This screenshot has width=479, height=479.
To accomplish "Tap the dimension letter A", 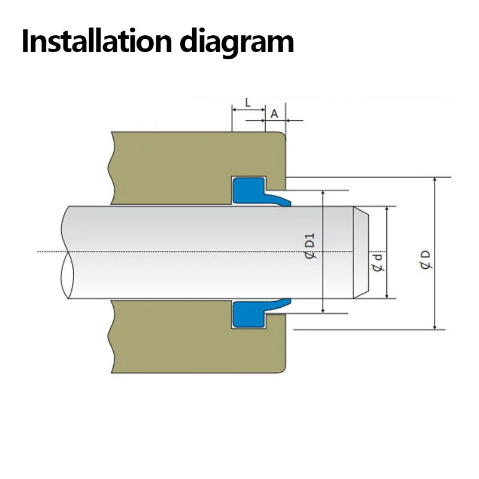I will [275, 113].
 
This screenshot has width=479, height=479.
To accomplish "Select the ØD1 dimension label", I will [310, 247].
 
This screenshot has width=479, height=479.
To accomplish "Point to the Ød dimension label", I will [377, 262].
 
